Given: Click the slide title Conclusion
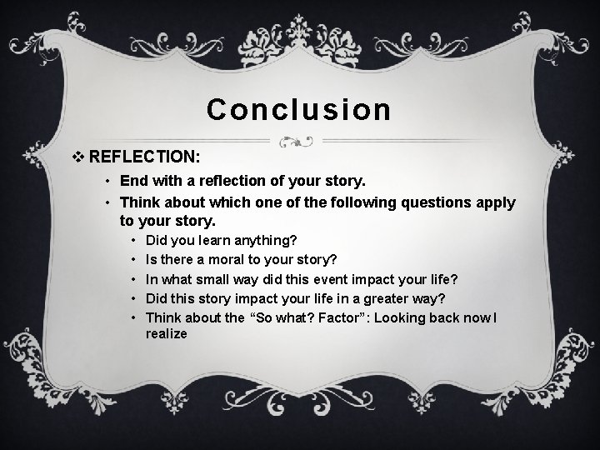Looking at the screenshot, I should (x=299, y=109).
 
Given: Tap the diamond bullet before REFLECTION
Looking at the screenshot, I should (x=79, y=156).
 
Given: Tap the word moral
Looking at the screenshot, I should (x=236, y=258).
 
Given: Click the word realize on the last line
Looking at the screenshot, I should (x=167, y=333).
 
